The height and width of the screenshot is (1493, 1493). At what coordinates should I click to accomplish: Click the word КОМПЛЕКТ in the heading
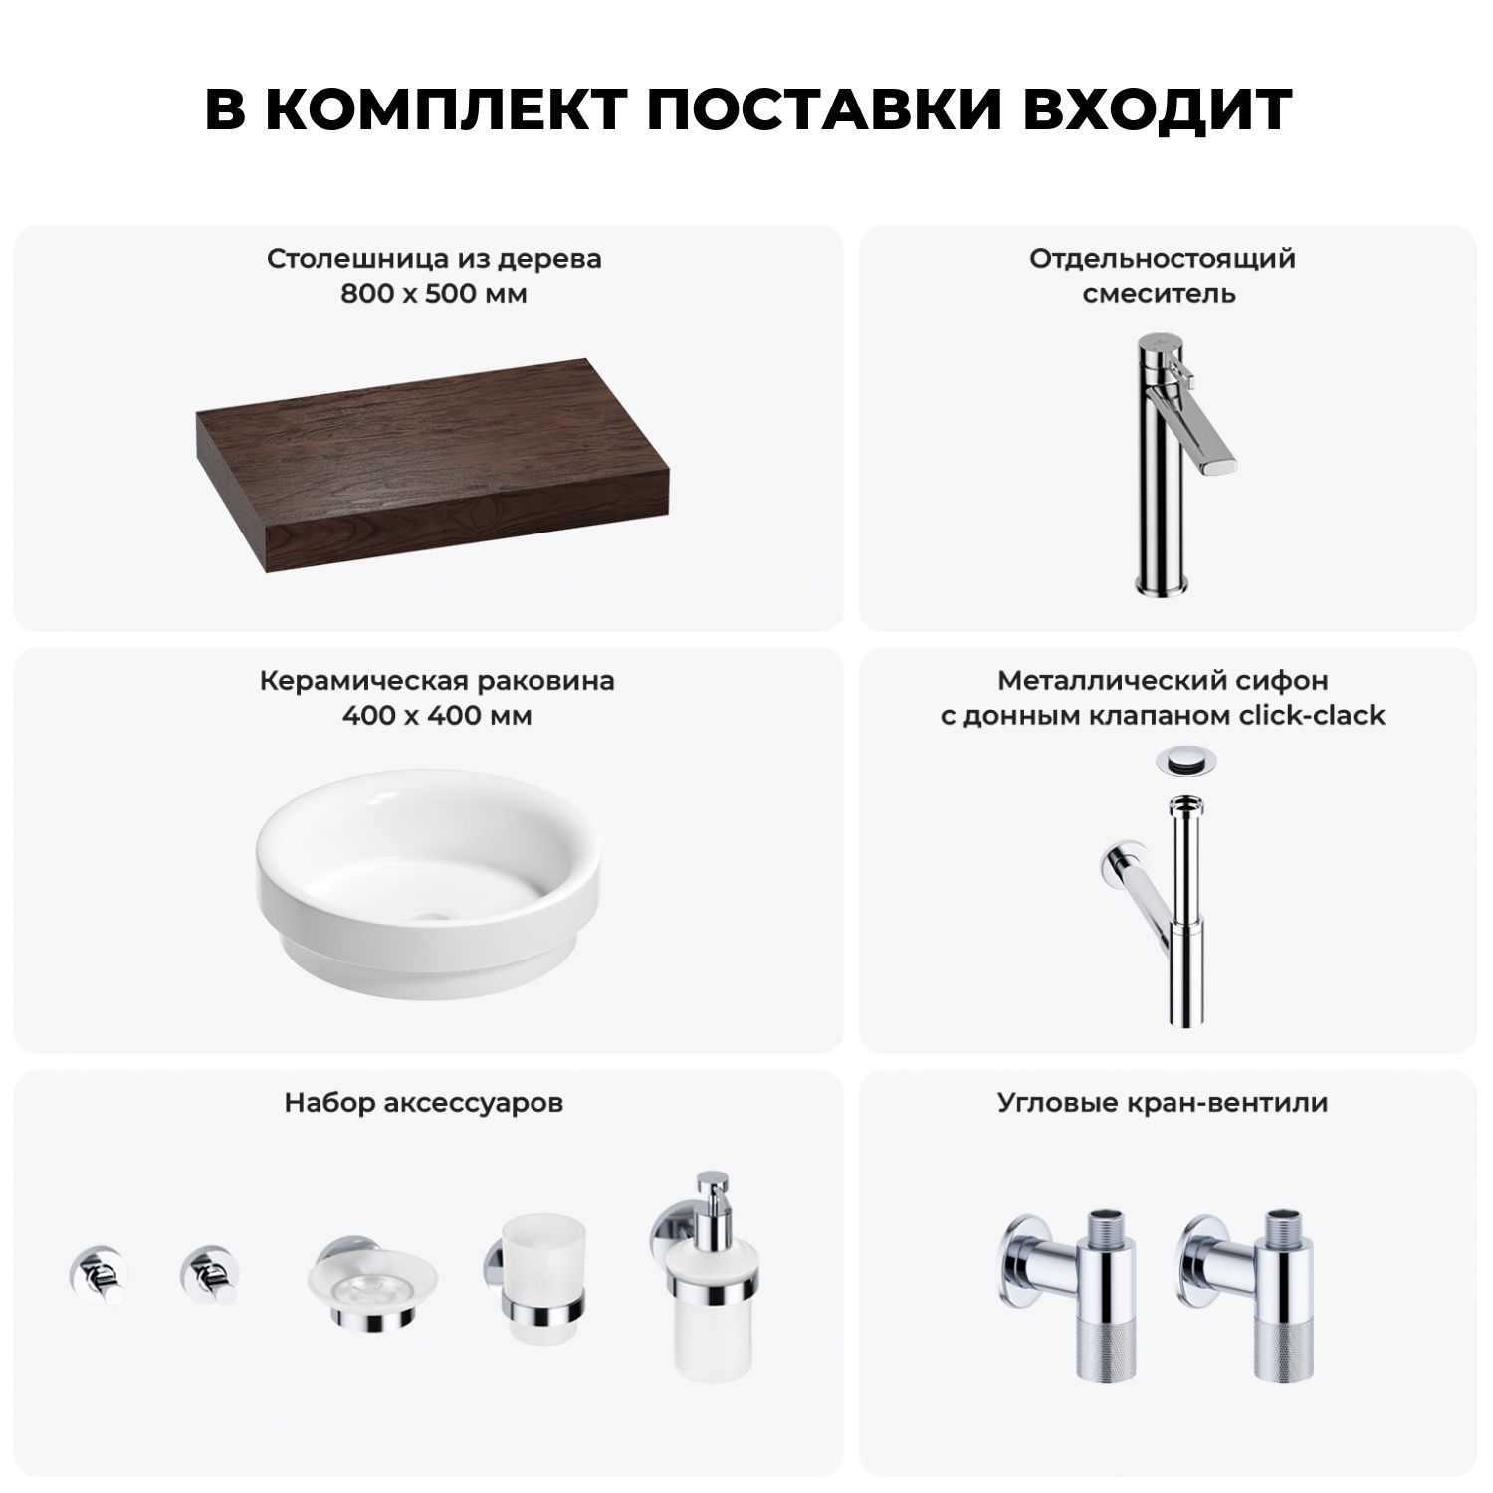pyautogui.click(x=444, y=109)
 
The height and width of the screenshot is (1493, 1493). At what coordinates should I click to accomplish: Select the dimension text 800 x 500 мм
pyautogui.click(x=433, y=294)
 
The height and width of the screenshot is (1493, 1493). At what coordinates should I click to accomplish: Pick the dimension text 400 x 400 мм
pyautogui.click(x=436, y=716)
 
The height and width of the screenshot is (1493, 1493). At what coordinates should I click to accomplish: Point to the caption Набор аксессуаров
pyautogui.click(x=424, y=1103)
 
